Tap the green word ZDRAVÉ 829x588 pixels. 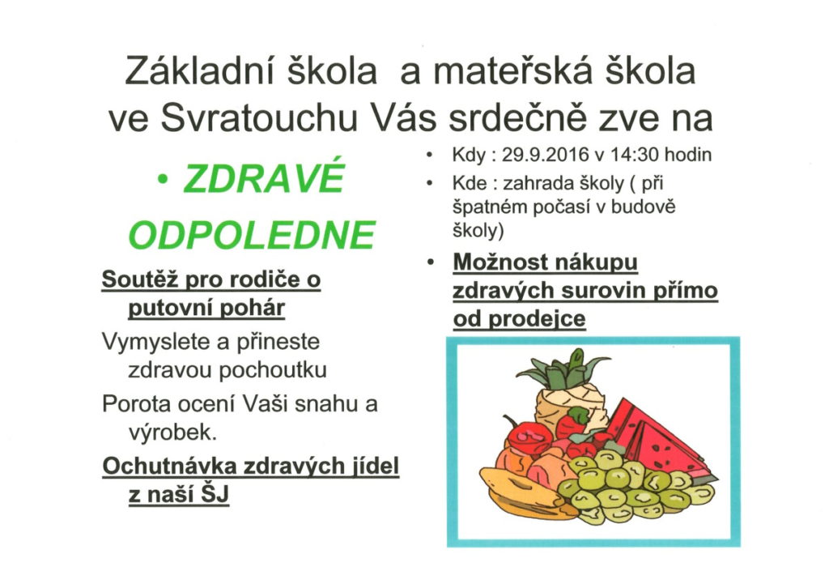(x=264, y=177)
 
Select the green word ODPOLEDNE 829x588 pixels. (x=253, y=235)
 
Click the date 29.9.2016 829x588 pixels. (x=545, y=155)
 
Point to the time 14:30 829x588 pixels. (x=634, y=155)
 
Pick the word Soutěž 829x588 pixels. (x=138, y=279)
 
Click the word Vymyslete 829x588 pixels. (x=156, y=342)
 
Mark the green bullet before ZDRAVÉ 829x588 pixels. (x=163, y=180)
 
